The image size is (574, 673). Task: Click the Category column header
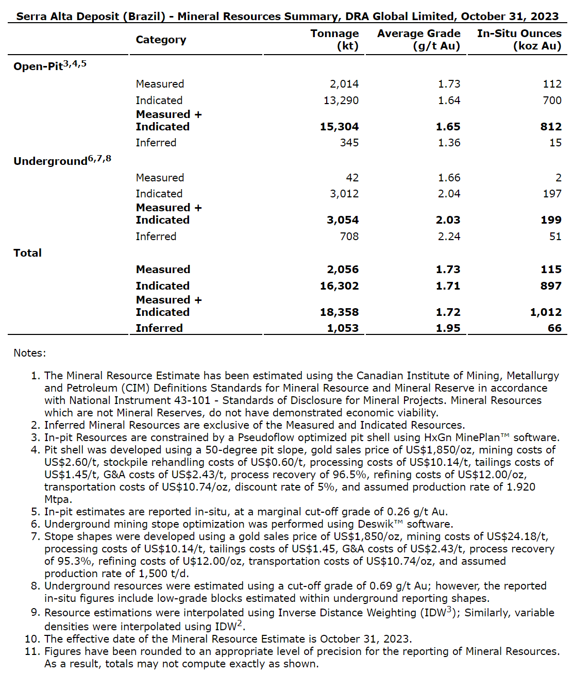161,40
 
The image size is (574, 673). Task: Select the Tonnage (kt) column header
334,40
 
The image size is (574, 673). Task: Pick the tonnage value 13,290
341,100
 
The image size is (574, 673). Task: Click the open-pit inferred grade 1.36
449,143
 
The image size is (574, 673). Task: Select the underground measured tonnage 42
352,178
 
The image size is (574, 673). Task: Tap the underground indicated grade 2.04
449,194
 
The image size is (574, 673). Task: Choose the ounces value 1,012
546,312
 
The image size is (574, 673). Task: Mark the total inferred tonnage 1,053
343,328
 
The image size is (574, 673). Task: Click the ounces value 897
551,286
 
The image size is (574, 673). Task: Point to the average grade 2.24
449,237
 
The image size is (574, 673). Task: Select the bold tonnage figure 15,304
339,127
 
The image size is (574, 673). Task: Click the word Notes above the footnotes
29,353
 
